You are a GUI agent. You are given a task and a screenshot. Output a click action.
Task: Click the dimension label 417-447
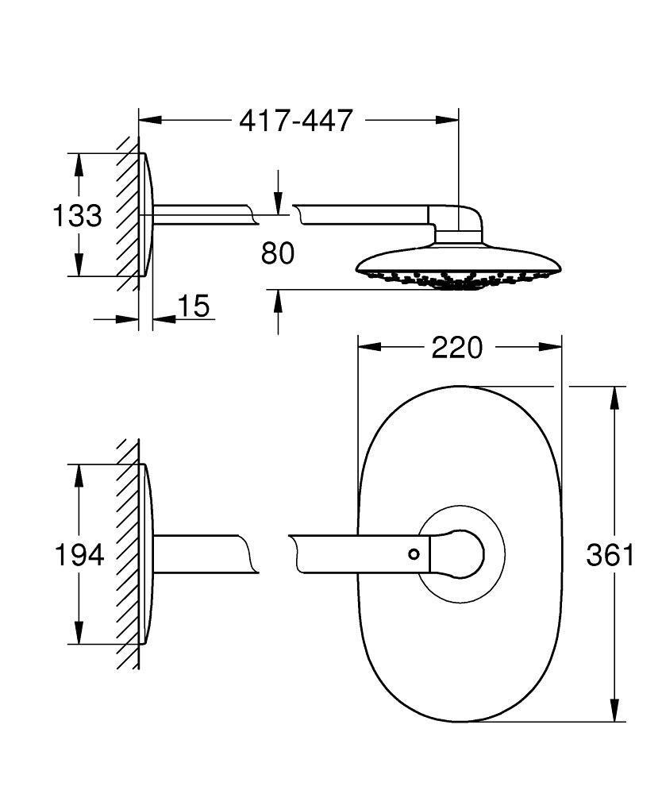click(295, 121)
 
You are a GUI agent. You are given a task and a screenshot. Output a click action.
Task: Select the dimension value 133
click(77, 215)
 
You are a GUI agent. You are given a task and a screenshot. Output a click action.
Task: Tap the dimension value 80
click(277, 253)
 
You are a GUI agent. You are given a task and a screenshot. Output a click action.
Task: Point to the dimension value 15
click(193, 306)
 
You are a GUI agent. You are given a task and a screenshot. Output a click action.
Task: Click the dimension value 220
click(456, 347)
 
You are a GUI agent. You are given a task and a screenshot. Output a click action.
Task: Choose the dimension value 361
click(610, 555)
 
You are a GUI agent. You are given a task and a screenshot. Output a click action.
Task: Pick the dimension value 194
click(79, 555)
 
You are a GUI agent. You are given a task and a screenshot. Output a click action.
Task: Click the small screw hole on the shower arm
click(414, 553)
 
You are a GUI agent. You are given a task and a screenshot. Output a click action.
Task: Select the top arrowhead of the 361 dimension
click(614, 397)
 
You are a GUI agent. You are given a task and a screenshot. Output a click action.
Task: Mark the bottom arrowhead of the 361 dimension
click(614, 711)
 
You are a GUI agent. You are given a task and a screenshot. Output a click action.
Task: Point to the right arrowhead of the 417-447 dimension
click(448, 120)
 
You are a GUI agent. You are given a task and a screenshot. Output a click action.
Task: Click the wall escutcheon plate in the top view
click(145, 214)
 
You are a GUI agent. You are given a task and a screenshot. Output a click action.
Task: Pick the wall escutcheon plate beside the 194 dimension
click(145, 553)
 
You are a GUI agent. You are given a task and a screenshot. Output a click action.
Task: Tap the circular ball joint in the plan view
click(461, 553)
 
